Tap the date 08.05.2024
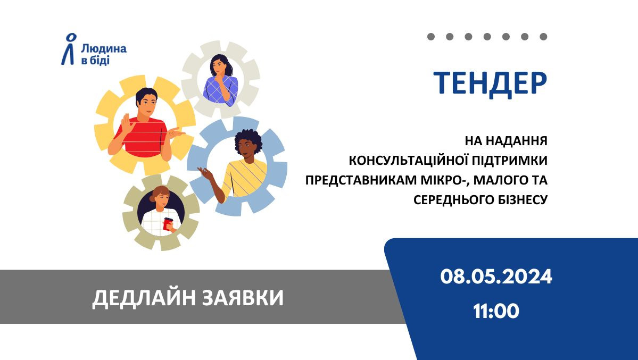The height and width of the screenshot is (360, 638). [496, 277]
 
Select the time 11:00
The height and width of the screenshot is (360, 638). [496, 312]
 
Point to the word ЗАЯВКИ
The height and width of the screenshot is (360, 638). [243, 297]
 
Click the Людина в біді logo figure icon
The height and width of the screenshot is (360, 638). [69, 49]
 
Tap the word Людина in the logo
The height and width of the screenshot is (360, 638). [104, 49]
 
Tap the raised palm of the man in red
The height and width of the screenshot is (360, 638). [127, 123]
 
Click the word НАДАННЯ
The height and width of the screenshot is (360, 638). [517, 141]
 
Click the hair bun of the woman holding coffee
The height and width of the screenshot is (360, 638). [153, 198]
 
